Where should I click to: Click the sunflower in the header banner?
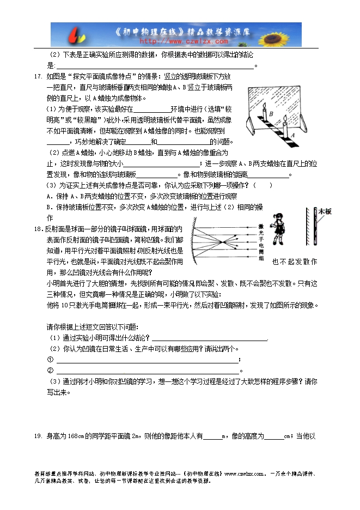(x=286, y=34)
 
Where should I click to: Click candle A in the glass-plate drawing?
(x=283, y=129)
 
